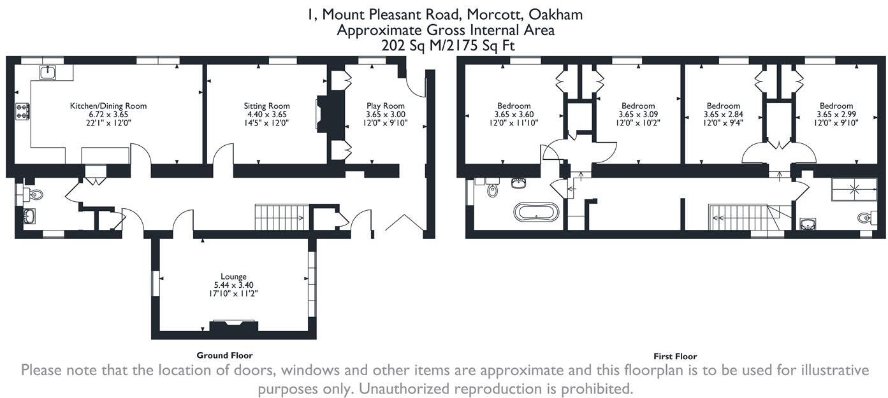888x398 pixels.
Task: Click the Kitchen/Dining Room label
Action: pos(108,106)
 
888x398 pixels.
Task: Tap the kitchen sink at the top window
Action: pos(49,72)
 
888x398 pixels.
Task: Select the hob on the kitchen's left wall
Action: pos(22,111)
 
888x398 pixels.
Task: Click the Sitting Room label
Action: pos(266,106)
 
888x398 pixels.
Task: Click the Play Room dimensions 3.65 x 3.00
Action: pos(385,115)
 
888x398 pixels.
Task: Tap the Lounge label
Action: pos(234,276)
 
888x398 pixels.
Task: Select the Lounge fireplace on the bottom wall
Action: pos(234,327)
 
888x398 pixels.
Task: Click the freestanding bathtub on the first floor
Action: pos(537,212)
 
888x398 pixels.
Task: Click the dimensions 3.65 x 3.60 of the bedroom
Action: pos(514,115)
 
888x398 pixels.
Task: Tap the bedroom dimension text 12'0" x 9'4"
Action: pos(724,124)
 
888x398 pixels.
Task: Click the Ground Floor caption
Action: pos(224,355)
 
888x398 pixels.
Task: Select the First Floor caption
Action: pos(675,357)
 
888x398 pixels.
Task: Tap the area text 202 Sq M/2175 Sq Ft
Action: pos(448,45)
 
